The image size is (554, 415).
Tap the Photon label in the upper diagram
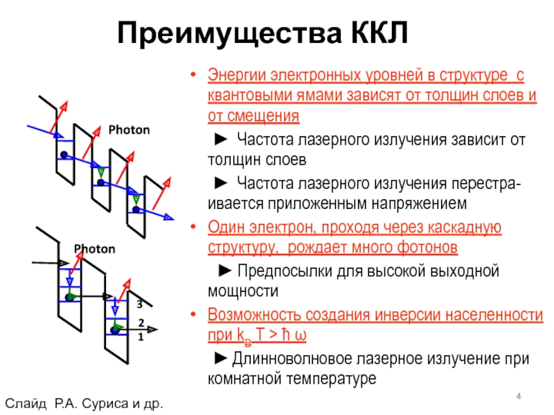pos(129,129)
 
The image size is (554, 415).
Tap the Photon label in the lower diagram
pos(94,248)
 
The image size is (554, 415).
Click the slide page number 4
pos(518,395)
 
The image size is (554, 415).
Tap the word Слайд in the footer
pos(26,403)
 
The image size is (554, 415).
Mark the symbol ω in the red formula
pos(301,335)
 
